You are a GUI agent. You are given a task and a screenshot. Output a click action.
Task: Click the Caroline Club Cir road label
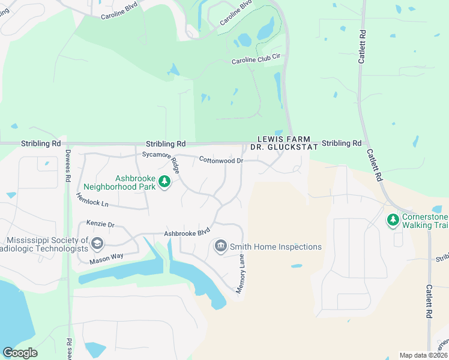[256, 61]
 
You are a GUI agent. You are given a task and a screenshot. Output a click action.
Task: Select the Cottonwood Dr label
[220, 161]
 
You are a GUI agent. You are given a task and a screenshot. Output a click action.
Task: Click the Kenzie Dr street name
[100, 224]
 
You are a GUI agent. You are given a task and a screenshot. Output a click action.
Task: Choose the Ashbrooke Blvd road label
[187, 233]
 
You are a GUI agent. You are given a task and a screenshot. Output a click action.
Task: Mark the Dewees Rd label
[68, 166]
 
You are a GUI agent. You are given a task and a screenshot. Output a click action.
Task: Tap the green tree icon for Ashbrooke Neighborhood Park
[163, 182]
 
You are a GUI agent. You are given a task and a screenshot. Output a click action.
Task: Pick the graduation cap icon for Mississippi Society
[97, 244]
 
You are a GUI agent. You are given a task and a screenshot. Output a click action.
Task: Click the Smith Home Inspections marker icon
[220, 246]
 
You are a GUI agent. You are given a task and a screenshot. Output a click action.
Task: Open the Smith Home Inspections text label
[276, 247]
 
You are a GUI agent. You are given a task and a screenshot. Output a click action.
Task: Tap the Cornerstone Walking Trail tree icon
[393, 220]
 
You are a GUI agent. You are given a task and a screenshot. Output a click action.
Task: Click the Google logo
[20, 353]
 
